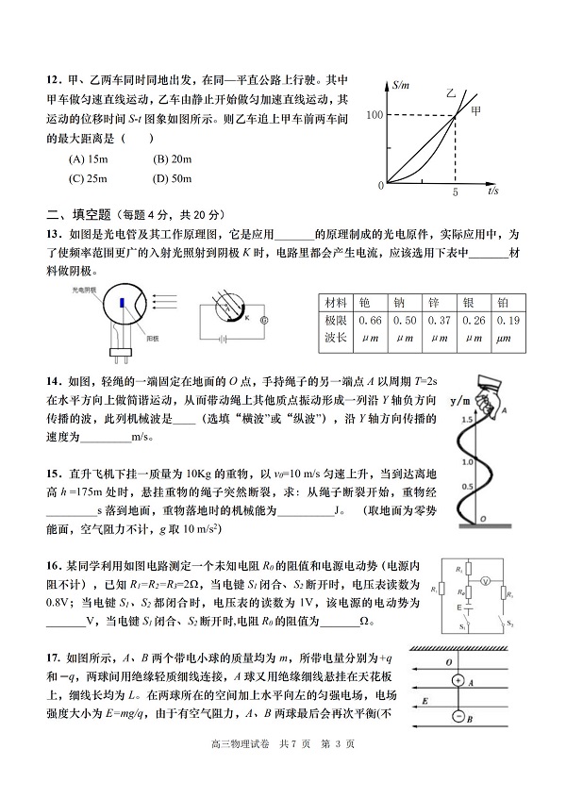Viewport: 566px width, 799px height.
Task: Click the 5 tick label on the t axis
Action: [455, 191]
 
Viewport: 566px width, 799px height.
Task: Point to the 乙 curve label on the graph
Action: [452, 95]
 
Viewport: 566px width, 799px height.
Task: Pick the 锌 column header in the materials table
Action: [434, 302]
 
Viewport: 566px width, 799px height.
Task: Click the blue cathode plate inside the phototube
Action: [125, 303]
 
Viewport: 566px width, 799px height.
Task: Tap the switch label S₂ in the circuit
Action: [510, 624]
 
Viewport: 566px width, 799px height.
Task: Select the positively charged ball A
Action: [458, 680]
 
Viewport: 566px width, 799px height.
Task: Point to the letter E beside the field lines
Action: [425, 701]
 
